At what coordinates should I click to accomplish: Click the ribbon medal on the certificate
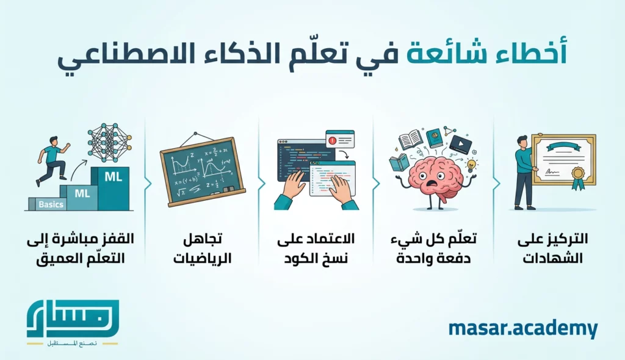click(x=577, y=178)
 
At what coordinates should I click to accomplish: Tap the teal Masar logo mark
click(x=73, y=318)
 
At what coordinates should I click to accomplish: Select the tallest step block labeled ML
click(x=113, y=186)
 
